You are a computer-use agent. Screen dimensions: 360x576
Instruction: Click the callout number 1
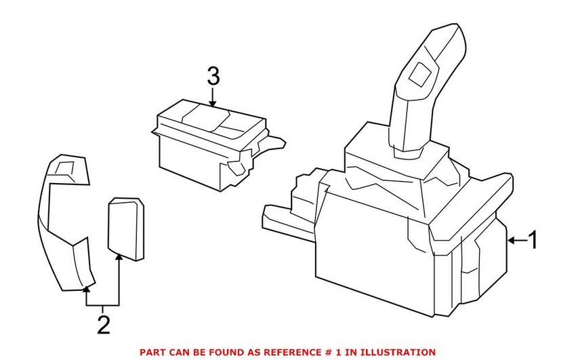point(533,240)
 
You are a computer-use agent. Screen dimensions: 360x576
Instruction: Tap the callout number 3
point(213,77)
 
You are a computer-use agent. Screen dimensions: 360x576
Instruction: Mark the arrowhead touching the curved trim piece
point(86,289)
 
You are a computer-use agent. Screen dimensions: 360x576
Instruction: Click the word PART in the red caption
point(153,352)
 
